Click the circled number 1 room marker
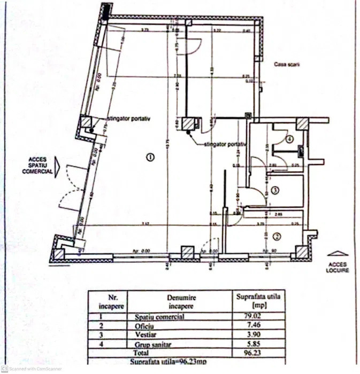coord(150,157)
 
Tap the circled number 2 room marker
coord(277,236)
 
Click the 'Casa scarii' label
coord(287,64)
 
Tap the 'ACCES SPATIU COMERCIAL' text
coord(37,165)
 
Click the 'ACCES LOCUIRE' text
coord(338,267)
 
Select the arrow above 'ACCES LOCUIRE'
coord(338,253)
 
